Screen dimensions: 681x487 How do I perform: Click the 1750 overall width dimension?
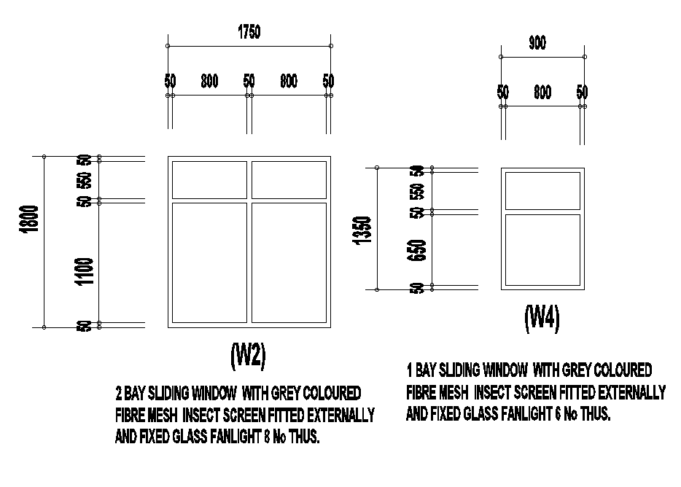point(249,32)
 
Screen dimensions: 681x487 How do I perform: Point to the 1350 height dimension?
point(362,230)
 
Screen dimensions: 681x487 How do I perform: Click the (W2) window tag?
point(248,355)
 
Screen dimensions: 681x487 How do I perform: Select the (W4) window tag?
point(542,318)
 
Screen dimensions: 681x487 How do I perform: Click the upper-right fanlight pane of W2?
point(289,180)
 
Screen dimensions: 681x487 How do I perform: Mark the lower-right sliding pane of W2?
point(289,262)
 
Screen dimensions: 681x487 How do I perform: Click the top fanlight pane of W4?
point(542,190)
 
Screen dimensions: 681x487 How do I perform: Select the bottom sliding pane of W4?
point(542,249)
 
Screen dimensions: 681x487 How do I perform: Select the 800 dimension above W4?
point(542,93)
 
